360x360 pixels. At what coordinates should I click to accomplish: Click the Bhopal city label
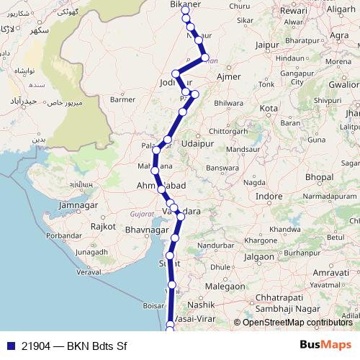coord(318,176)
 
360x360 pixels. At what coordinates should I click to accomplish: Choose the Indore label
coord(269,196)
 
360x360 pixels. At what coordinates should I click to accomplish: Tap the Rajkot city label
coord(104,226)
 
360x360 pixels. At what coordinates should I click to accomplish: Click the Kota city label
coord(269,108)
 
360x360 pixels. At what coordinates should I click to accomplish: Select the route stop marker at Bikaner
coord(185,10)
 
